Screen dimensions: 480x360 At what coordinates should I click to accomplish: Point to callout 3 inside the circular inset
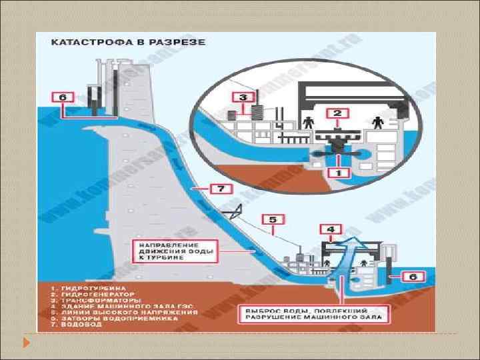coord(244,97)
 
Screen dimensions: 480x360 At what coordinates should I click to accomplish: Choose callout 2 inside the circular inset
coord(337,113)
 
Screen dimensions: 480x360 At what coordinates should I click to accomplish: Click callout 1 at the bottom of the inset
coord(338,172)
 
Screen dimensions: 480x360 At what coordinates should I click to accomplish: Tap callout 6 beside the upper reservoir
coord(63,97)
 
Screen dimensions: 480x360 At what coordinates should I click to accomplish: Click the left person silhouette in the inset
coord(308,123)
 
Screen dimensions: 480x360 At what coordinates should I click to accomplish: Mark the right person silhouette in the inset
coord(377,123)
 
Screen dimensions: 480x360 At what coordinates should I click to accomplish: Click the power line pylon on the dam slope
coord(233,213)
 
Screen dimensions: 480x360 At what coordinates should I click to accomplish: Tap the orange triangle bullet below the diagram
coord(27,343)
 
